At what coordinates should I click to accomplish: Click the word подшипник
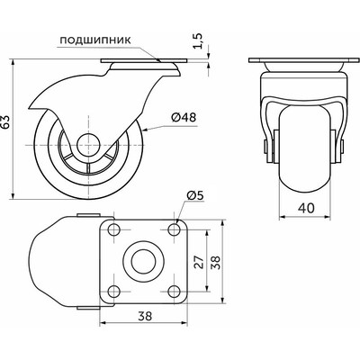pyautogui.click(x=95, y=40)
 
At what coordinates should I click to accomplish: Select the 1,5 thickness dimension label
pyautogui.click(x=198, y=40)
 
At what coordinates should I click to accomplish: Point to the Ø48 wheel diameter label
pyautogui.click(x=184, y=118)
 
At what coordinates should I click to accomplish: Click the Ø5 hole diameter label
pyautogui.click(x=195, y=195)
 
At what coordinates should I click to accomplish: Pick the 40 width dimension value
pyautogui.click(x=306, y=208)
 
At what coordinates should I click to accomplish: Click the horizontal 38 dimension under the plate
pyautogui.click(x=145, y=316)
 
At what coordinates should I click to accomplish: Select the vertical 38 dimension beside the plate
pyautogui.click(x=215, y=263)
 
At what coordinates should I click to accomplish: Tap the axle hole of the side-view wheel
pyautogui.click(x=88, y=145)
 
